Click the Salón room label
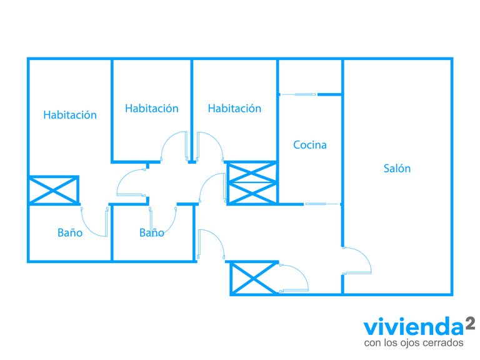[x=397, y=168]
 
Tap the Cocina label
[x=310, y=145]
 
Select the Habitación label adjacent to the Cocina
[x=234, y=108]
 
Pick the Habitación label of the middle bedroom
[x=152, y=108]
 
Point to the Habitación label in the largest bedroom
[x=70, y=115]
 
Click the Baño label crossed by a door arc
[x=152, y=232]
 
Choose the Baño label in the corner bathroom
[x=70, y=232]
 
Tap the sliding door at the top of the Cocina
[x=299, y=94]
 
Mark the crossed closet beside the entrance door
[x=254, y=278]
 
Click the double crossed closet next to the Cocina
[x=252, y=183]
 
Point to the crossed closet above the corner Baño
[x=54, y=190]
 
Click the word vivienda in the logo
[x=414, y=327]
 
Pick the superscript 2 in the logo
[x=470, y=323]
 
